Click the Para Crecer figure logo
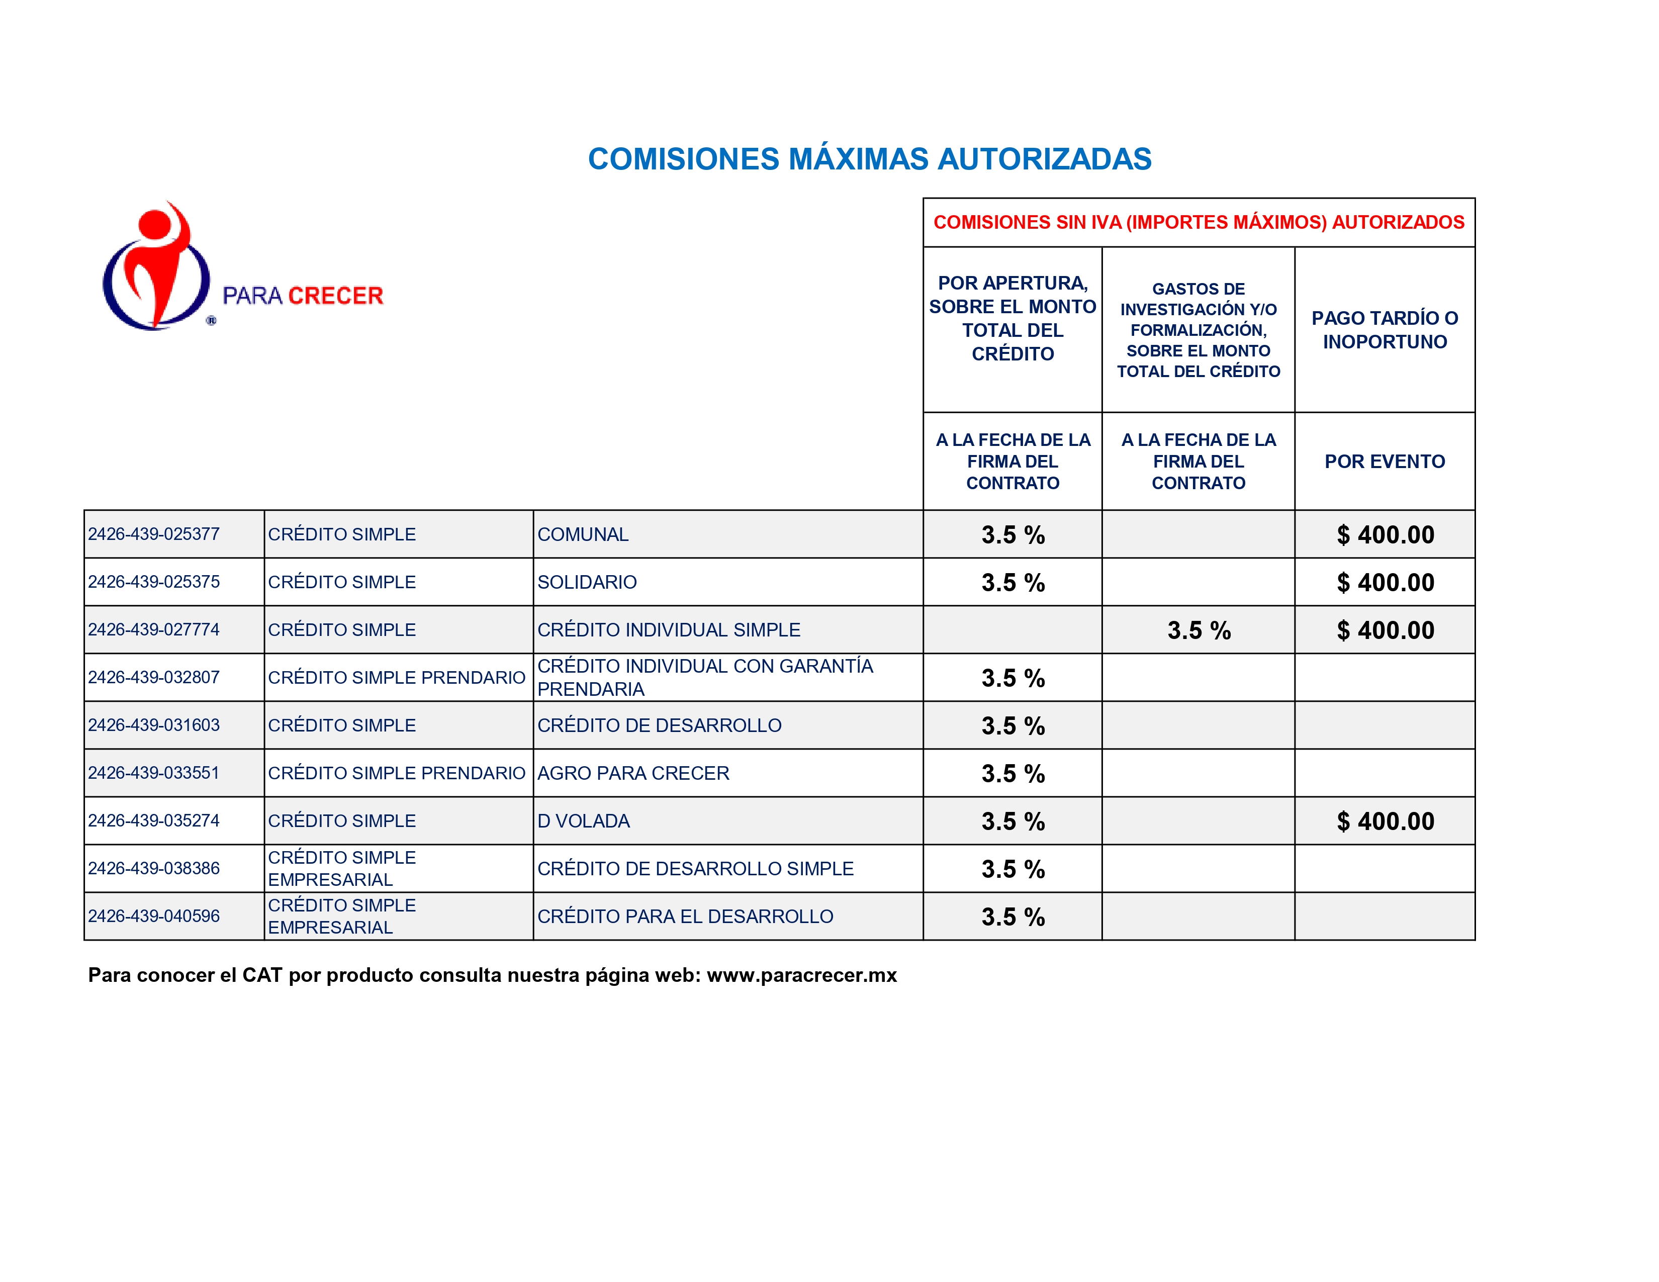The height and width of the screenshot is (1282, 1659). click(156, 267)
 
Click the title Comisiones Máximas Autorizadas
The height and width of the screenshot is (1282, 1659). click(869, 159)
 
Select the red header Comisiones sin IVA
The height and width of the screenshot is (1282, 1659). click(1198, 223)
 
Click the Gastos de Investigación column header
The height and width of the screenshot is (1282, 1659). click(1198, 330)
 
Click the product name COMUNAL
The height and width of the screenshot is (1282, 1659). click(583, 535)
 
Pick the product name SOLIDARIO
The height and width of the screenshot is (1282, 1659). click(586, 583)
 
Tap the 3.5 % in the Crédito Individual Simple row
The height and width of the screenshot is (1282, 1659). click(1198, 630)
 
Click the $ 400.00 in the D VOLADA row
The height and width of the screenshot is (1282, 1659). click(1385, 821)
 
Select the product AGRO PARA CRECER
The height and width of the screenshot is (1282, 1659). click(633, 773)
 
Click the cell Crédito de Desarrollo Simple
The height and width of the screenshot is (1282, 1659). click(695, 869)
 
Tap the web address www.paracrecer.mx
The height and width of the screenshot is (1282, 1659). click(801, 975)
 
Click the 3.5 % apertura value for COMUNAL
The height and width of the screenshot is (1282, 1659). click(1012, 535)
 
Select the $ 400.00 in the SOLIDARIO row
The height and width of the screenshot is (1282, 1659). click(1385, 583)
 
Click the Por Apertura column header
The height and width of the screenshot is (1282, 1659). click(1012, 318)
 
